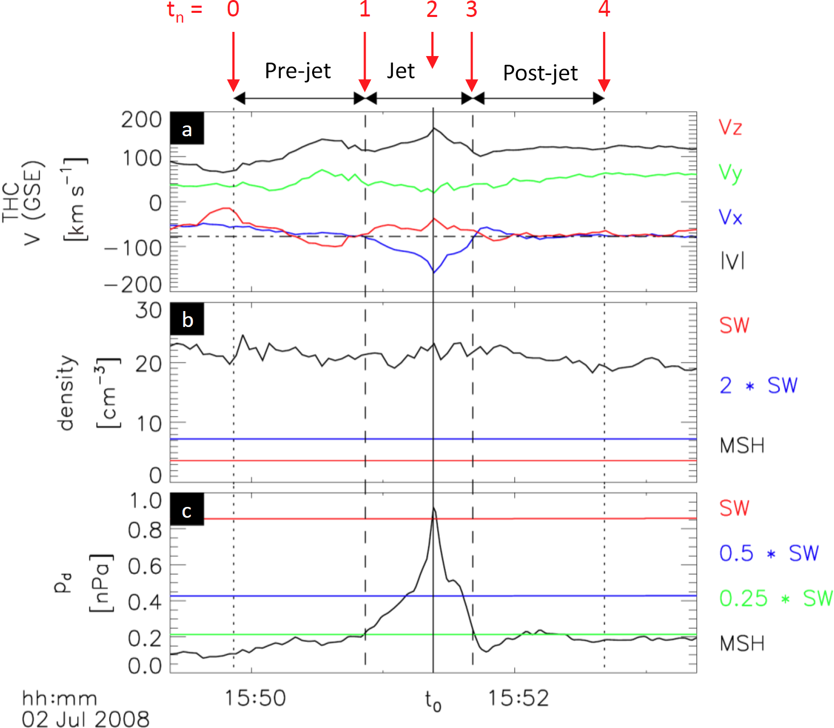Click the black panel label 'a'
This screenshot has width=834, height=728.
(x=187, y=129)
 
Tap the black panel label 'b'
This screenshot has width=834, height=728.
(x=187, y=319)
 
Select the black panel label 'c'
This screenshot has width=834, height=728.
(x=187, y=510)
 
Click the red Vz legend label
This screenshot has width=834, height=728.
(x=730, y=127)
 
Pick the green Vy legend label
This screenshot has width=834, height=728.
(x=730, y=173)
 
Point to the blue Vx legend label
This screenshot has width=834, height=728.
(x=730, y=217)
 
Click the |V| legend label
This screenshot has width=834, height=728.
(x=732, y=262)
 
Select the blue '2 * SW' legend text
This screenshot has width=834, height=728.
(x=758, y=385)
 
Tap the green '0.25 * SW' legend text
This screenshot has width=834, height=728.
(x=775, y=598)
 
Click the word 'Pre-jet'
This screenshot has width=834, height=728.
(x=298, y=70)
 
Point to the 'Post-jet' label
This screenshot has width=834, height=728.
(x=540, y=72)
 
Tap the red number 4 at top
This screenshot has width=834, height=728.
(x=604, y=9)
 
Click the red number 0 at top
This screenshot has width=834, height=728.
(x=233, y=9)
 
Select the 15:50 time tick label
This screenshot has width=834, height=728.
(x=255, y=698)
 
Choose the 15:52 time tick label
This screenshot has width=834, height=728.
(x=518, y=698)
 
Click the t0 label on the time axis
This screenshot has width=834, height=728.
(x=433, y=700)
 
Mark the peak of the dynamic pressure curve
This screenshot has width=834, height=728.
(x=433, y=508)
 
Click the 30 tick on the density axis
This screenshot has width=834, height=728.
(x=149, y=311)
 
